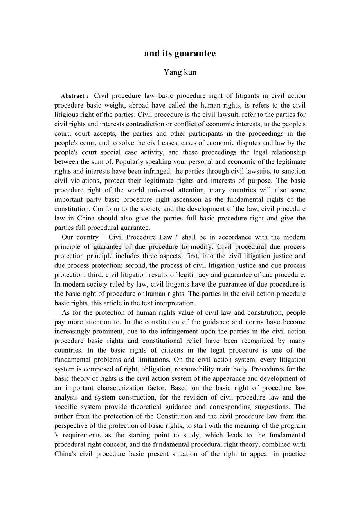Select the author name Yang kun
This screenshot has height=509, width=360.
180,72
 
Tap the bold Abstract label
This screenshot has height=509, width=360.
73,96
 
